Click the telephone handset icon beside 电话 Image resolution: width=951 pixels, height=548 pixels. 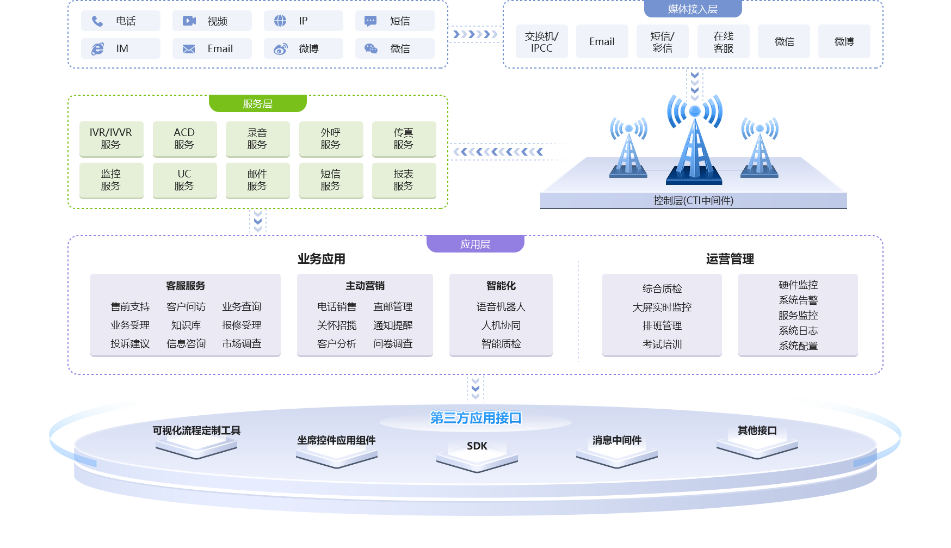pyautogui.click(x=97, y=21)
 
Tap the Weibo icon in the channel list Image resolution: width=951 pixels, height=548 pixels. pyautogui.click(x=280, y=49)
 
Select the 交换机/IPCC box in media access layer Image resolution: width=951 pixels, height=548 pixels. pyautogui.click(x=541, y=42)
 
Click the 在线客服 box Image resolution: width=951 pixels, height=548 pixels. pyautogui.click(x=723, y=42)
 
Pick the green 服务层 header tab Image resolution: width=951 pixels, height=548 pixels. pyautogui.click(x=257, y=103)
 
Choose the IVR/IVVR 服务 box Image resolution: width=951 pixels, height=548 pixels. pyautogui.click(x=111, y=139)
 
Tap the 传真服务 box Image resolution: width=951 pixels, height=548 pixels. pyautogui.click(x=404, y=139)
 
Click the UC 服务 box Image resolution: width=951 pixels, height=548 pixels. pyautogui.click(x=184, y=180)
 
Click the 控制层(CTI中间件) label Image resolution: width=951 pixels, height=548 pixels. pyautogui.click(x=693, y=201)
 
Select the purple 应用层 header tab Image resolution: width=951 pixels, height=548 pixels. pyautogui.click(x=475, y=244)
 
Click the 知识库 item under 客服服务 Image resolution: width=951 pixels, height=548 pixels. pyautogui.click(x=186, y=325)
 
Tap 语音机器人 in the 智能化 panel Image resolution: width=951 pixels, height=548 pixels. pyautogui.click(x=501, y=307)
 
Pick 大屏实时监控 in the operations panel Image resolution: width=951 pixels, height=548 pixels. pyautogui.click(x=662, y=307)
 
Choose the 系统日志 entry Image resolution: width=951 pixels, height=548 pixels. pyautogui.click(x=798, y=331)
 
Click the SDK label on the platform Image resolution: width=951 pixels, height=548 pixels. pyautogui.click(x=477, y=446)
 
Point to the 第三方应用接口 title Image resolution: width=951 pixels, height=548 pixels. pyautogui.click(x=475, y=418)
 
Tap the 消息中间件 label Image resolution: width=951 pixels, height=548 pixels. pyautogui.click(x=616, y=440)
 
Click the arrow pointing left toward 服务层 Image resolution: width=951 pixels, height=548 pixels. pyautogui.click(x=498, y=152)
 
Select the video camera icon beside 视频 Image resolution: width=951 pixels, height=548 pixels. pyautogui.click(x=189, y=21)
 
